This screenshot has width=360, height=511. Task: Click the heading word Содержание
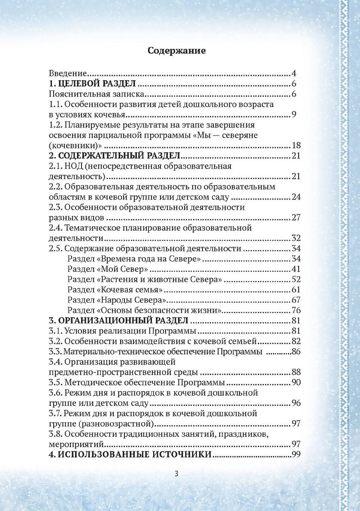pyautogui.click(x=176, y=51)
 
